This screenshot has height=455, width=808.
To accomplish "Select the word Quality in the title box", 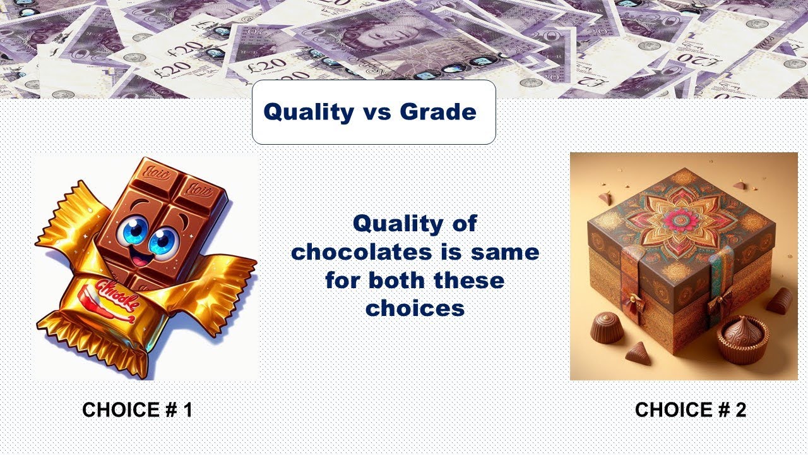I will [309, 112].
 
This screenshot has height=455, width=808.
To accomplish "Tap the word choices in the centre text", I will [415, 308].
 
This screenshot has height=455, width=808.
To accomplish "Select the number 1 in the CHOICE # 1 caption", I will [187, 410].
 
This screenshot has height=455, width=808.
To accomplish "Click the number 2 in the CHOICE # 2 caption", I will [740, 410].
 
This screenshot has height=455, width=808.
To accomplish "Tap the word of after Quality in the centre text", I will [464, 224].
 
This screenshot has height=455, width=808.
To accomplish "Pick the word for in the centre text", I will [344, 280].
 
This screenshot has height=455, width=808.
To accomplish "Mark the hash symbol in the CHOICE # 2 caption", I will [719, 410].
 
